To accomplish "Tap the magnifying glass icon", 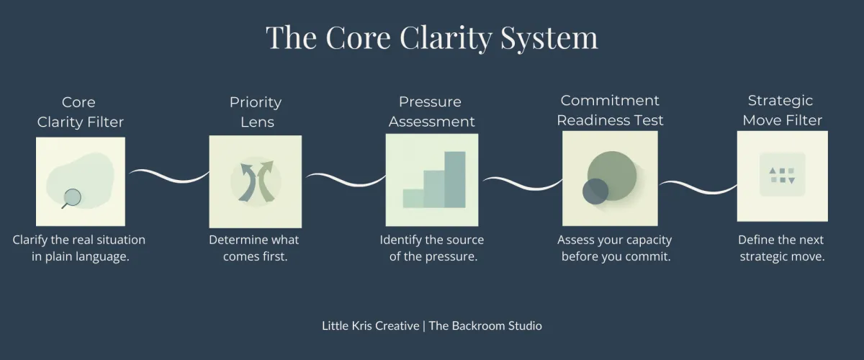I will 71,196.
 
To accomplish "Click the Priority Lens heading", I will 256,112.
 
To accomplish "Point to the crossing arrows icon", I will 256,181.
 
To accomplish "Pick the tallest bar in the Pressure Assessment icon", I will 455,179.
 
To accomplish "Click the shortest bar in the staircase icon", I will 413,198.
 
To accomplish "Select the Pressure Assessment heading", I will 431,112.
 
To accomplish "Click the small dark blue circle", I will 595,191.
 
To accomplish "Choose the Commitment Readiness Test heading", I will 610,110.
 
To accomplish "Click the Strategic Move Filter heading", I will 782,110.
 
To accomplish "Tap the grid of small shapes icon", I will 782,175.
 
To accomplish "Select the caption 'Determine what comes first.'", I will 253,248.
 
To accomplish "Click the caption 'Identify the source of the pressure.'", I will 432,248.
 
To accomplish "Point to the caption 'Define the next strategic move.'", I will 781,248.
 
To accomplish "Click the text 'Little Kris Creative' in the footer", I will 371,326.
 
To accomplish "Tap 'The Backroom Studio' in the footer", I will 486,326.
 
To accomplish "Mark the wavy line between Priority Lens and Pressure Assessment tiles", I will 344,179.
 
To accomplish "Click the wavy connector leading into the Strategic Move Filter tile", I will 697,186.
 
